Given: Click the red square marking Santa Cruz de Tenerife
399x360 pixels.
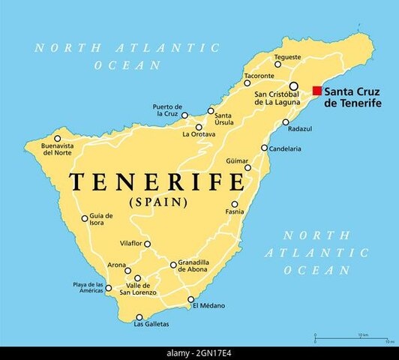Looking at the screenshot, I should click(317, 91).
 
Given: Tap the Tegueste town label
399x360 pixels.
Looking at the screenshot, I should click(286, 56).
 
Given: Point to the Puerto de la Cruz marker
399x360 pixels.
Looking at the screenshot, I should click(184, 115).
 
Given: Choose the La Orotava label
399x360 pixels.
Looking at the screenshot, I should click(199, 134).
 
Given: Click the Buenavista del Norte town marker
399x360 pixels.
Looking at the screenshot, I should click(56, 137).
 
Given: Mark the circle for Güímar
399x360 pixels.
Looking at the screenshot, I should click(246, 167).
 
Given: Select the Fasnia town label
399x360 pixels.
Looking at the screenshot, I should click(235, 211).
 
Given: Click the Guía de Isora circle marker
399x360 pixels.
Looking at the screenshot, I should click(85, 219).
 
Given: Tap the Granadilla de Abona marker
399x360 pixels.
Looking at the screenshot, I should click(173, 264).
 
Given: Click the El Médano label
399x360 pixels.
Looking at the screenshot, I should click(208, 306).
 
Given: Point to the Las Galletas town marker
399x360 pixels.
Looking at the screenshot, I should click(139, 316).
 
